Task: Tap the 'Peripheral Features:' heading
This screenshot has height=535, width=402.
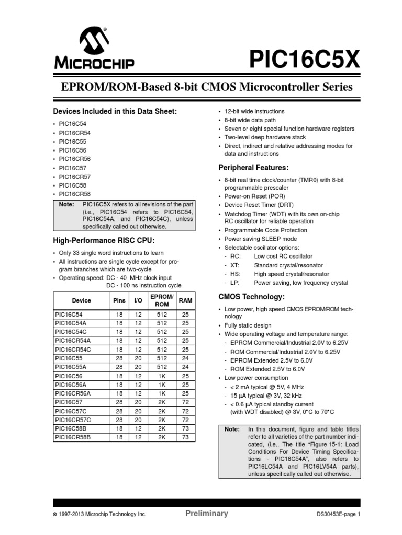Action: click(253, 167)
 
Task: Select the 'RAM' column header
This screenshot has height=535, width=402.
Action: click(185, 300)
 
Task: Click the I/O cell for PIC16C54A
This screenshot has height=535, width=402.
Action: click(138, 323)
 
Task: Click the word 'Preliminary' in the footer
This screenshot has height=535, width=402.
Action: click(207, 513)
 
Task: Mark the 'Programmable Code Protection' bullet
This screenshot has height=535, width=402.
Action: click(266, 230)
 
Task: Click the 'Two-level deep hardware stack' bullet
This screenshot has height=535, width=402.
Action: click(266, 137)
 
